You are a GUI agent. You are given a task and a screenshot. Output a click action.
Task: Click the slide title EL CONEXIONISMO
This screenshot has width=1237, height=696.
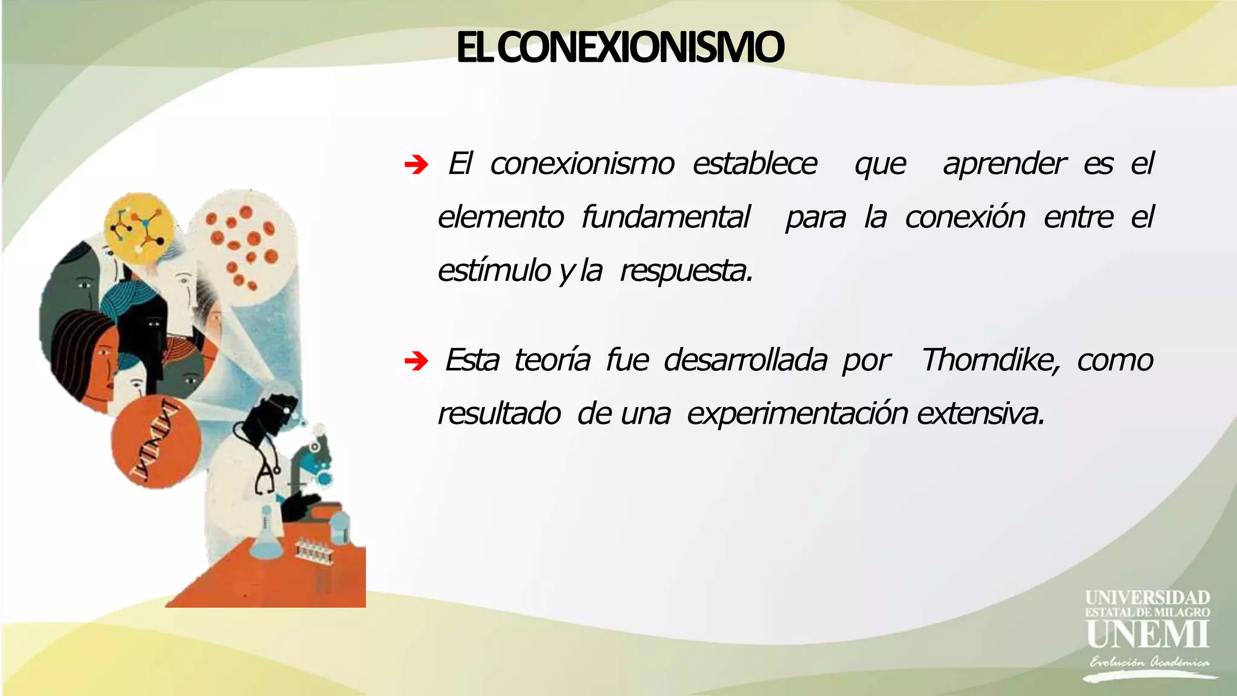click(620, 48)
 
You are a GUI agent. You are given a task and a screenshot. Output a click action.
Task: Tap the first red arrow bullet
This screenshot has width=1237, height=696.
click(416, 164)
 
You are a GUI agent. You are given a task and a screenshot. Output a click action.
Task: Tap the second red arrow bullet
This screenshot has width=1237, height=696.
click(416, 362)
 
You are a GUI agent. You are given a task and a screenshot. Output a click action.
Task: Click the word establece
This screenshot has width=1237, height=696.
click(754, 164)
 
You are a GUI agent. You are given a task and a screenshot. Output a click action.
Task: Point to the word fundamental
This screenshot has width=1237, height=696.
click(666, 217)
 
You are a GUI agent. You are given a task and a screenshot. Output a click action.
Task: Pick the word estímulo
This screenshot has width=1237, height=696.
click(493, 270)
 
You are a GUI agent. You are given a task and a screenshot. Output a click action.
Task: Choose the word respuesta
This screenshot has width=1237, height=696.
click(686, 271)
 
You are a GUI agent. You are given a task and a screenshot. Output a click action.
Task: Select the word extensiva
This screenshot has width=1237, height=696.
click(980, 414)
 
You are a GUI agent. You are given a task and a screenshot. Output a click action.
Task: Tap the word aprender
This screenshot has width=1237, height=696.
click(1004, 164)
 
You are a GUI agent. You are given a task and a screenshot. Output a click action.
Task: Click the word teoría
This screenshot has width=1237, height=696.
click(552, 361)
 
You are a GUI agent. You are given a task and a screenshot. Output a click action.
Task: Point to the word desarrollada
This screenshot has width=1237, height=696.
click(745, 361)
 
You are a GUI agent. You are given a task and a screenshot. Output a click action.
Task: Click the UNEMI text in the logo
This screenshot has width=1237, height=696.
click(1147, 634)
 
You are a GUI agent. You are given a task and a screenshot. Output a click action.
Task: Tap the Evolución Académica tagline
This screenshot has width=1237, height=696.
click(1149, 662)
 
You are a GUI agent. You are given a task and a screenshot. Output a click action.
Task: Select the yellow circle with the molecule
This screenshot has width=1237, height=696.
click(140, 227)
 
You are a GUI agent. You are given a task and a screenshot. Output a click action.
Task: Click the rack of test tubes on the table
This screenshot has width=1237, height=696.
click(314, 551)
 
